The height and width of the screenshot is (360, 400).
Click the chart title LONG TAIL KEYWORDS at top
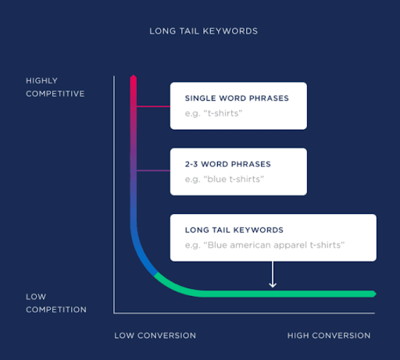[x=203, y=31]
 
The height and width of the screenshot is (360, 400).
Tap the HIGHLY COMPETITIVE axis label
[x=55, y=87]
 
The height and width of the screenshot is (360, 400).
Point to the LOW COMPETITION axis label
[x=56, y=303]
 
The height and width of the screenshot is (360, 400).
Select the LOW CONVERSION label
[x=155, y=336]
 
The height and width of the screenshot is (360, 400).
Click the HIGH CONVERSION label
[x=329, y=336]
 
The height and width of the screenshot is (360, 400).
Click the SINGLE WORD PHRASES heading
[x=237, y=98]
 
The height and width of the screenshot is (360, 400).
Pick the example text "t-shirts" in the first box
[x=213, y=113]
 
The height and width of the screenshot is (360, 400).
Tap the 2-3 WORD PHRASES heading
[x=228, y=164]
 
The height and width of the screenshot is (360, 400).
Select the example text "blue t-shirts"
[x=224, y=180]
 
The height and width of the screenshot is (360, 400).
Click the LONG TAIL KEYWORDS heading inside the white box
[x=234, y=230]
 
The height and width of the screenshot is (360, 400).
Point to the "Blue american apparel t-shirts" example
[x=265, y=245]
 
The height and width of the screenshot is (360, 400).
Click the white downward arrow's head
[x=273, y=285]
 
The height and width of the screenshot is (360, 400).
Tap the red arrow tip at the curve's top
[x=134, y=76]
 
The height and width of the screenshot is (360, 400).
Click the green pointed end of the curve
[x=374, y=294]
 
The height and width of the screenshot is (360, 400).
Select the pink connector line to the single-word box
[x=153, y=106]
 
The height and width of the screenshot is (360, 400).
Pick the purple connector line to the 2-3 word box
[x=153, y=171]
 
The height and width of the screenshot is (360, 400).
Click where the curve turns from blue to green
[x=155, y=274]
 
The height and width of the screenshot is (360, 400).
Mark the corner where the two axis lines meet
[x=114, y=313]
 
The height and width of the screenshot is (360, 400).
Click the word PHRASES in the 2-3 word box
[x=251, y=164]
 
